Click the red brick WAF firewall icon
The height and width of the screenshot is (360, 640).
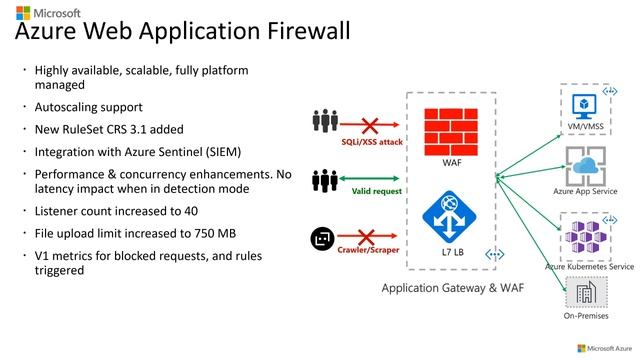click(451, 128)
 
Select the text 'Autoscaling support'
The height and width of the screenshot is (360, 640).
click(88, 107)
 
